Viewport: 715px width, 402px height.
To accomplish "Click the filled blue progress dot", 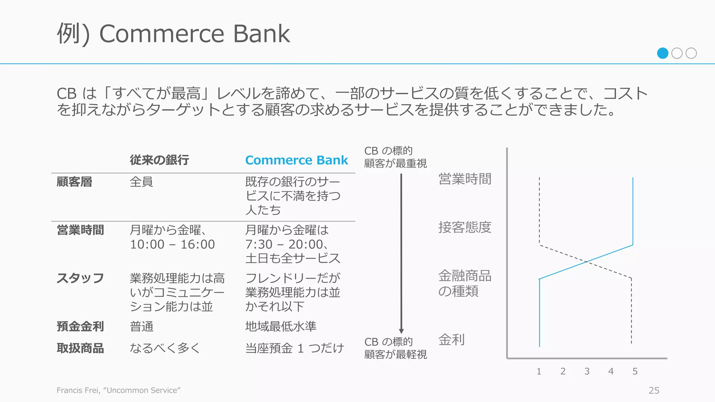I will (662, 53).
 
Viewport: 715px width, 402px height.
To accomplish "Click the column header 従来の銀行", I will (159, 160).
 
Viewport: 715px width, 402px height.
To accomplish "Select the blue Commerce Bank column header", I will (296, 160).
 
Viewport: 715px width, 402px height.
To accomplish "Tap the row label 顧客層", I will (74, 182).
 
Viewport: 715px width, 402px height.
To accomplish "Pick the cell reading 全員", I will (141, 182).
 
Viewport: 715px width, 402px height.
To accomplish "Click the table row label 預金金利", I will (80, 326).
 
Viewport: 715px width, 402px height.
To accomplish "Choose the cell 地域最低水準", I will (281, 326).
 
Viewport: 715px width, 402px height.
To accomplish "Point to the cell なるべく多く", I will (165, 348).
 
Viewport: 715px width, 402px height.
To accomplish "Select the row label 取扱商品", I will (80, 348).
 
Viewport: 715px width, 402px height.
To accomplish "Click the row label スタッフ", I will (80, 278).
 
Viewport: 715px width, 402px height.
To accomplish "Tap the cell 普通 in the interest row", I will (141, 326).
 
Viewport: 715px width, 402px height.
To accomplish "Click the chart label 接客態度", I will (465, 227).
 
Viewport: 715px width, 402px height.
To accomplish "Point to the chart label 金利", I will (451, 339).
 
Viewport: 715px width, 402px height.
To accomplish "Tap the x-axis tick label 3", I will (587, 371).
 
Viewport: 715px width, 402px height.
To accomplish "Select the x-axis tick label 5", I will (635, 371).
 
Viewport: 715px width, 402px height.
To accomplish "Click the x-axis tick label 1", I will (539, 371).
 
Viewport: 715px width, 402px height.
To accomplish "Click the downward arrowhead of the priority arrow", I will (401, 331).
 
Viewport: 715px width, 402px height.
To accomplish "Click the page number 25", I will (654, 390).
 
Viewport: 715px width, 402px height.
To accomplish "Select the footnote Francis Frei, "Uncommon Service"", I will (118, 390).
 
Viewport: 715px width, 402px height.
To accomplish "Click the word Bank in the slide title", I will (261, 34).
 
